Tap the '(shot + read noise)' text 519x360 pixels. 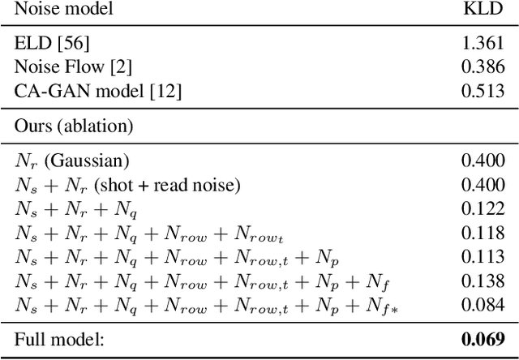point(166,186)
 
